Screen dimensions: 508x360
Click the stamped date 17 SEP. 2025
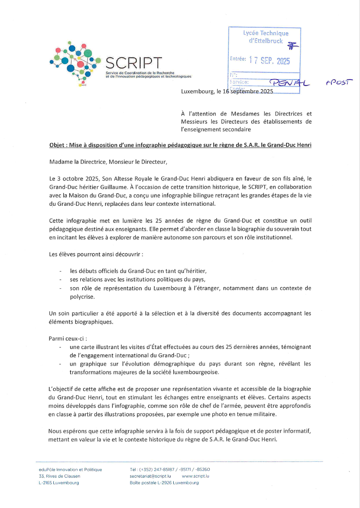tap(269, 61)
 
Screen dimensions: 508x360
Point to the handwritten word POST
tap(339, 82)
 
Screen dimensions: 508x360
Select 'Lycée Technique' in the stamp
tap(265, 34)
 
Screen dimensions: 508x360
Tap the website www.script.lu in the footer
tap(195, 476)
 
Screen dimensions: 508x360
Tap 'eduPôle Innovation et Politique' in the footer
tap(68, 470)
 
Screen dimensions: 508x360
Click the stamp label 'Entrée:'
tap(238, 58)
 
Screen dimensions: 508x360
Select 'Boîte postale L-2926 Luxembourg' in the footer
tap(164, 483)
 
